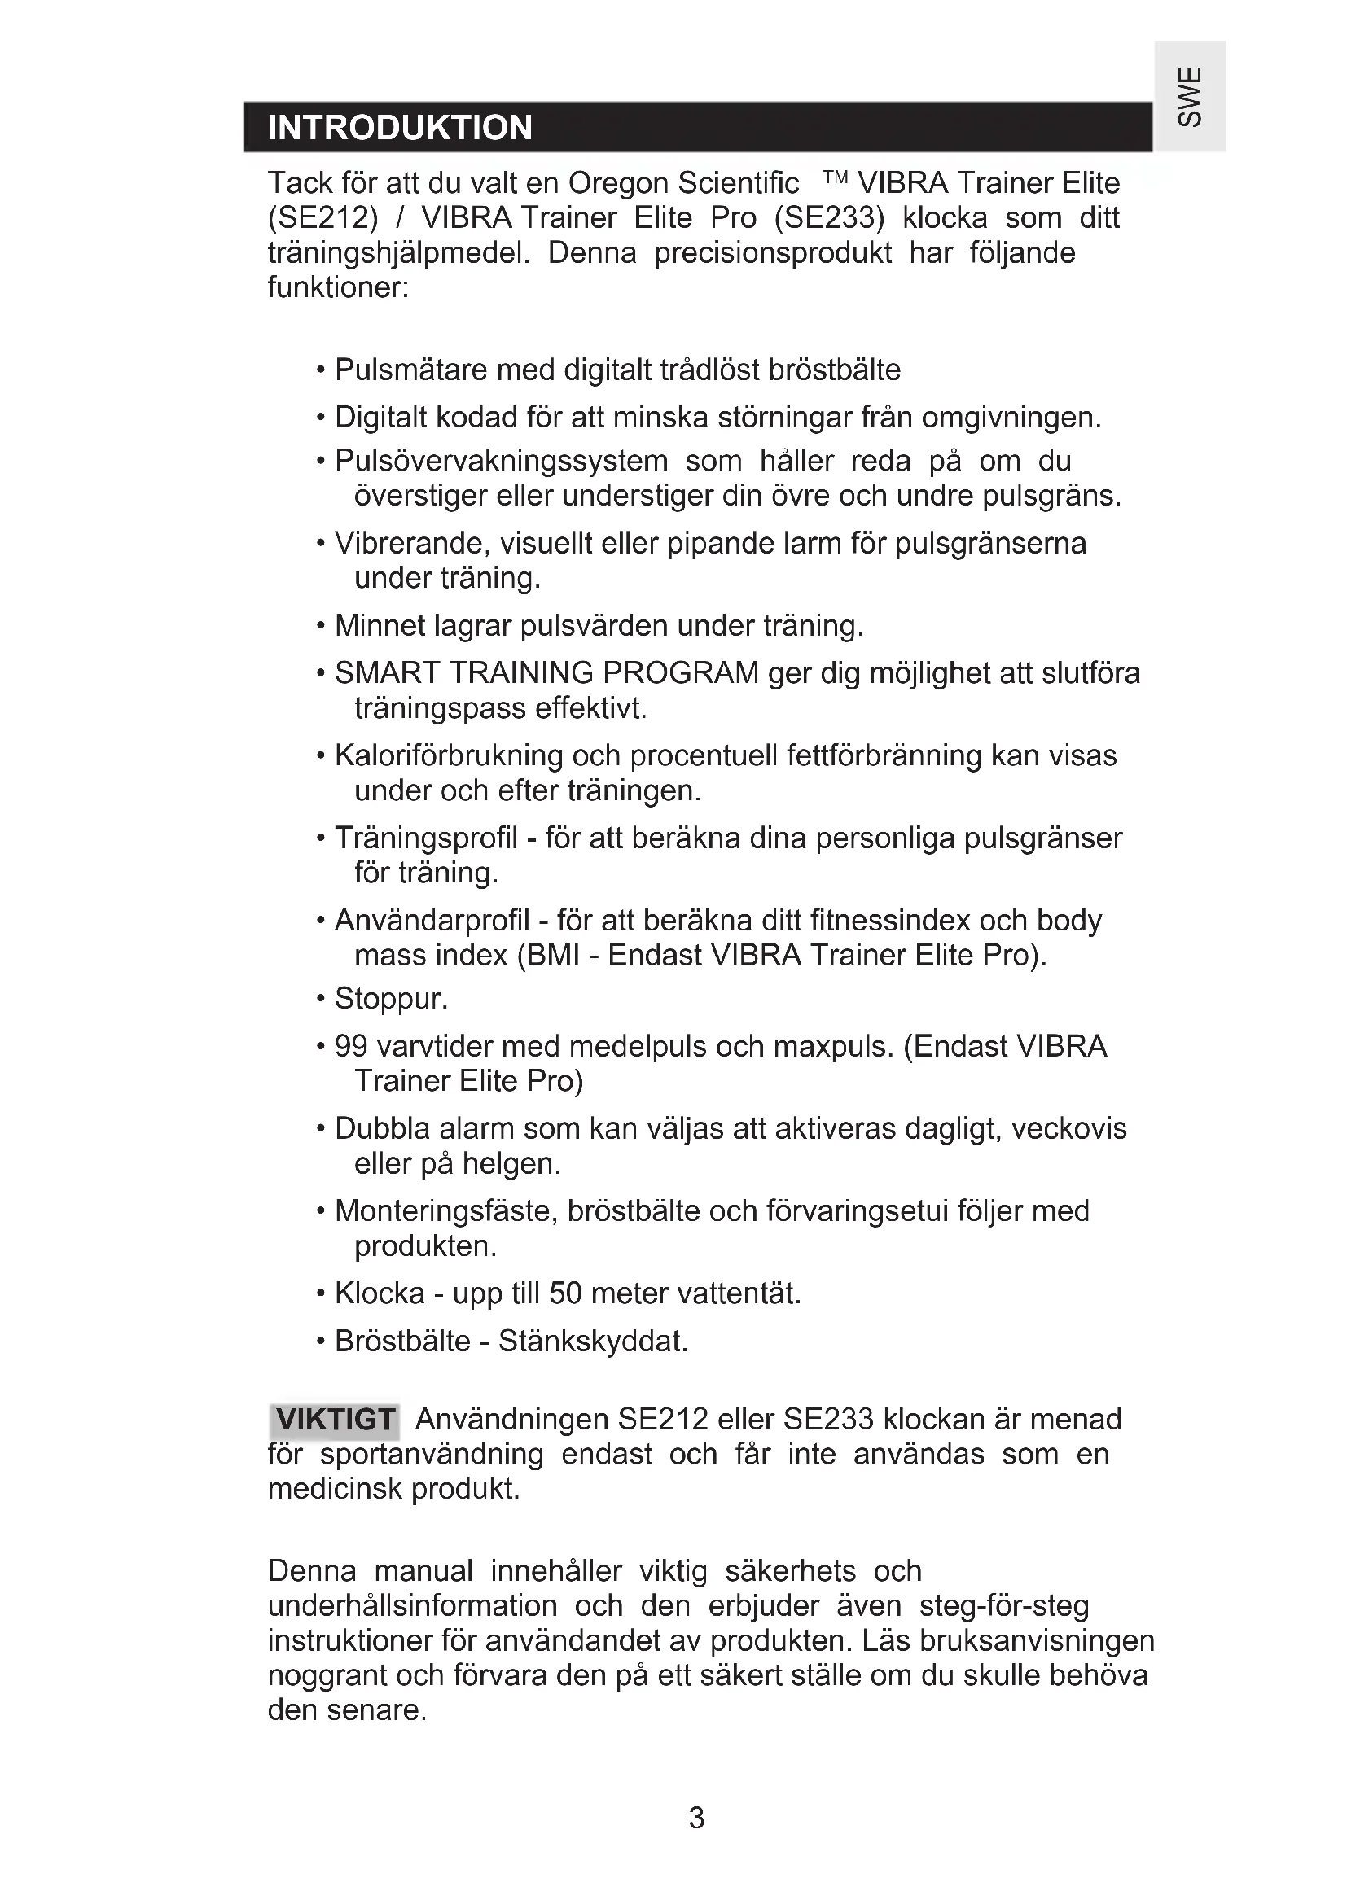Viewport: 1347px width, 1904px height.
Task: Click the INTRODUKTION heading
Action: pyautogui.click(x=400, y=129)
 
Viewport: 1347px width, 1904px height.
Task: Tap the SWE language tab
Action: pyautogui.click(x=1191, y=97)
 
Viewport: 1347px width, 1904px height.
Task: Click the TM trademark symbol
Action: pyautogui.click(x=836, y=177)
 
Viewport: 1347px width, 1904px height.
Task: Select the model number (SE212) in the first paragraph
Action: pyautogui.click(x=322, y=218)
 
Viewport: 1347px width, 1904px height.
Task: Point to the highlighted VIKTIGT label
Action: pyautogui.click(x=335, y=1420)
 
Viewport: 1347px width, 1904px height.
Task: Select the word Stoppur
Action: pyautogui.click(x=391, y=999)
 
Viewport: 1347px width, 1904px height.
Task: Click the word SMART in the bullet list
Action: pyautogui.click(x=388, y=672)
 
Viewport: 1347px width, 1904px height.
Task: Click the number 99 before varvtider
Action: pyautogui.click(x=351, y=1047)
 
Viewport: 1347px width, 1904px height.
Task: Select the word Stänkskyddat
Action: pyautogui.click(x=593, y=1341)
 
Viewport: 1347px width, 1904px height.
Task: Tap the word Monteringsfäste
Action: pyautogui.click(x=446, y=1210)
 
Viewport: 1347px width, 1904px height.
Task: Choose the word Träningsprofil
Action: pyautogui.click(x=425, y=838)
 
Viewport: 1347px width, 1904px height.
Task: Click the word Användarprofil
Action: pyautogui.click(x=432, y=921)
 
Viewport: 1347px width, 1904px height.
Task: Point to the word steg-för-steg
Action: pyautogui.click(x=1003, y=1606)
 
